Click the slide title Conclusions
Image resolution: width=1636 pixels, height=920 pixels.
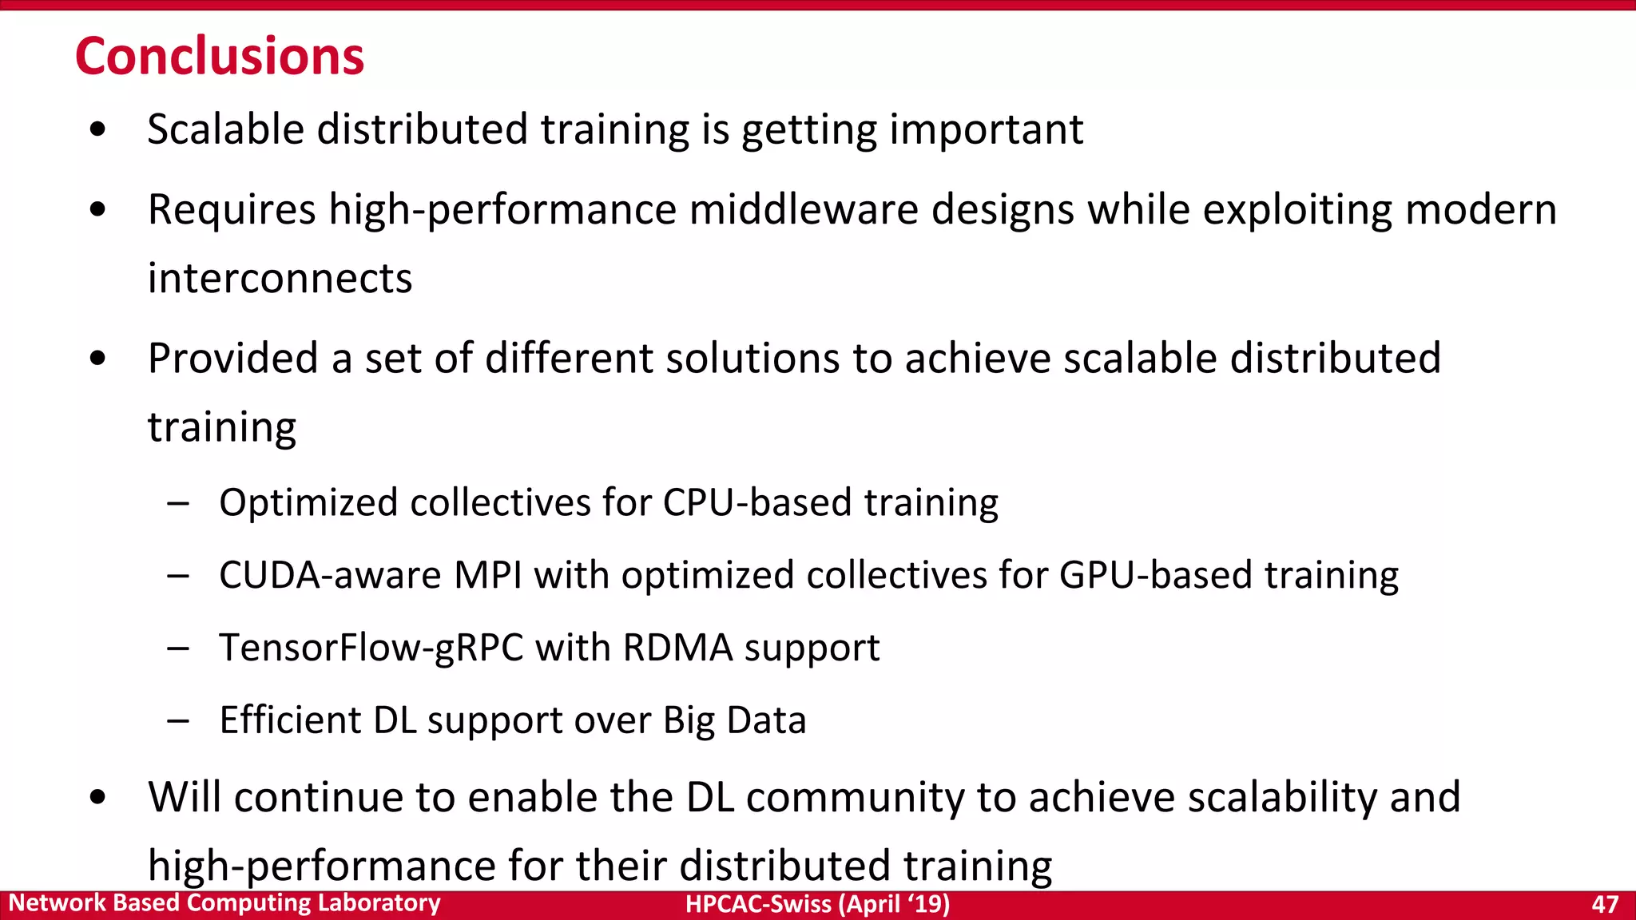tap(220, 57)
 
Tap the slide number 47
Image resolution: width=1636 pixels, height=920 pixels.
tap(1605, 904)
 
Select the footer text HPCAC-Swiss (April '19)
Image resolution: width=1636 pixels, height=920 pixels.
tap(817, 904)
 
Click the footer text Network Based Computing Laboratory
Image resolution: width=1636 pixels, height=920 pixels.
tap(224, 902)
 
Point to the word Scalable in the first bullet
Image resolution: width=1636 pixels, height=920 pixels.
tap(226, 129)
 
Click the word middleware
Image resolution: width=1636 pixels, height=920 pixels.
tap(804, 210)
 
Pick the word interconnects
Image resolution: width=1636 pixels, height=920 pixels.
tap(280, 279)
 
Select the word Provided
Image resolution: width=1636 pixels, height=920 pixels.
tap(233, 358)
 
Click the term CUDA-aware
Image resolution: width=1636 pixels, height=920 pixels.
tap(330, 576)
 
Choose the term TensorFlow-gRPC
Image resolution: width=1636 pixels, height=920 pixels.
tap(371, 648)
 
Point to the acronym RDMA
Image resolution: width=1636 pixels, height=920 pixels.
tap(677, 648)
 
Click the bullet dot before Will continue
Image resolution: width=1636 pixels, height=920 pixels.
tap(98, 797)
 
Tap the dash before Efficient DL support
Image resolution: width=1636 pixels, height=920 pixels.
tap(178, 721)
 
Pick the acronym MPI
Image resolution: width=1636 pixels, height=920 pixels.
tap(487, 576)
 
